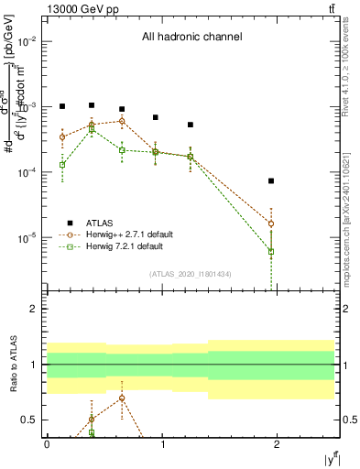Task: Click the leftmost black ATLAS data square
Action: click(62, 106)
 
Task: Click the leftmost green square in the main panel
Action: click(62, 165)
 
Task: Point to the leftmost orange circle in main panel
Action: click(62, 136)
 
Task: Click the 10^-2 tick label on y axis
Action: click(27, 42)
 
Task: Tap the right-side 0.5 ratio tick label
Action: click(348, 420)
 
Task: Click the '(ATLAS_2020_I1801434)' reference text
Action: click(190, 274)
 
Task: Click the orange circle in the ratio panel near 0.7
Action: click(121, 398)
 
